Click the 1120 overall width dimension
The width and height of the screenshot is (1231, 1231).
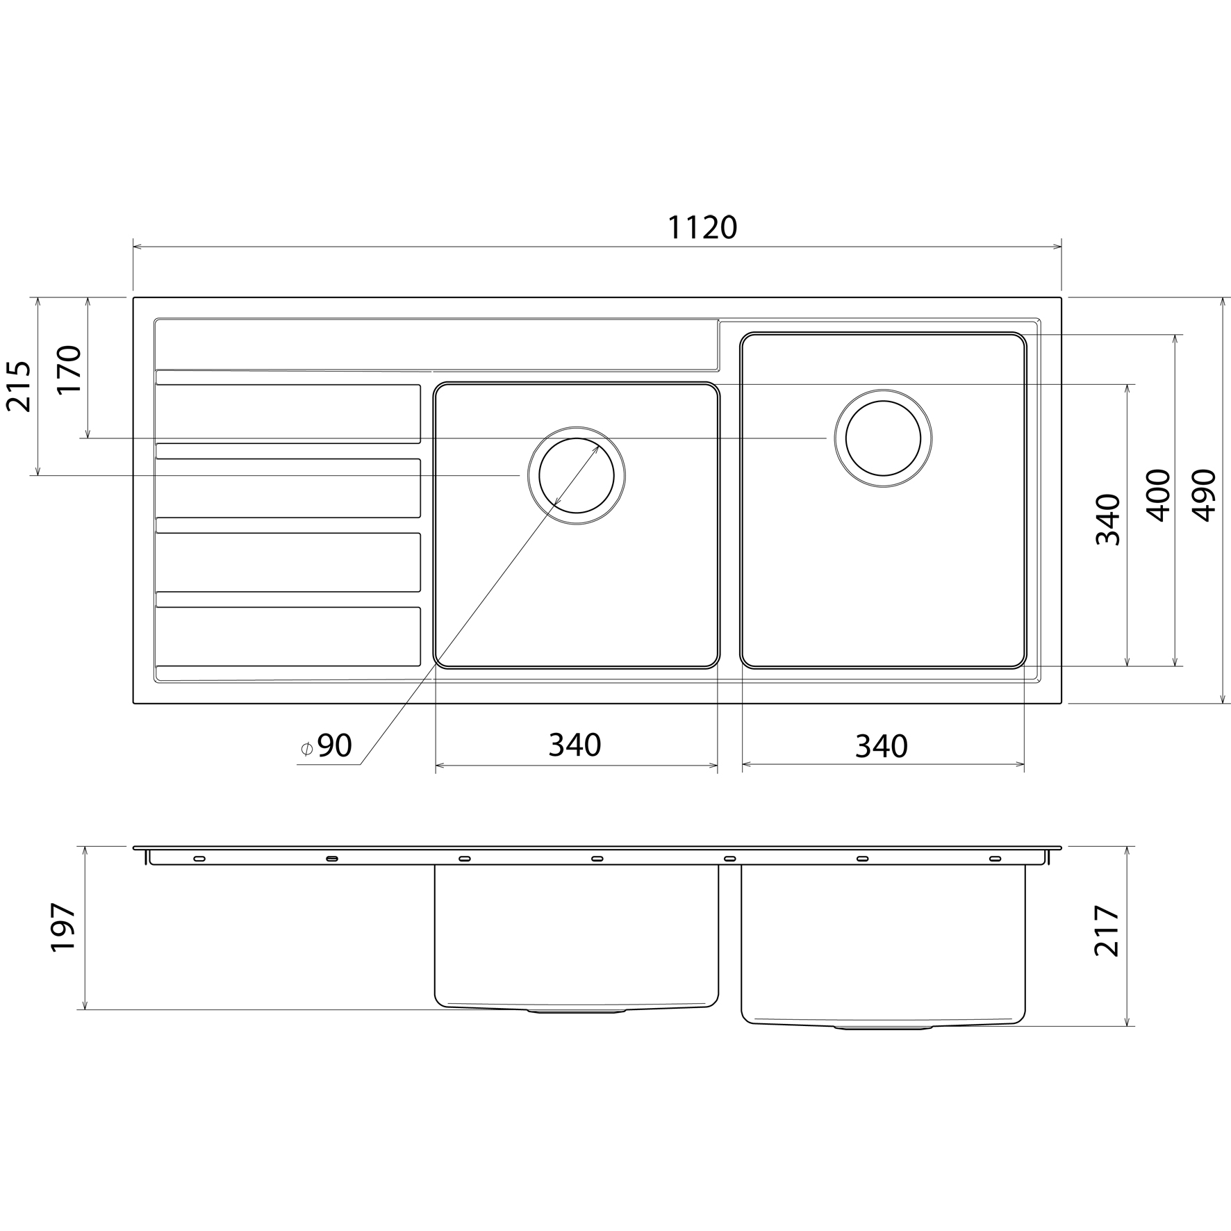point(702,228)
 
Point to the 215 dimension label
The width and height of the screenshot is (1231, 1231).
point(19,386)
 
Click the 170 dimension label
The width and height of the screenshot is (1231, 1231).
point(69,370)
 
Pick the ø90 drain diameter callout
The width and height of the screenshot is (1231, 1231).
point(326,745)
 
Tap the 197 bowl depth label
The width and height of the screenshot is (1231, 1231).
point(63,927)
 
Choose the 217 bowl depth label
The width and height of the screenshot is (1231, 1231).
point(1107,931)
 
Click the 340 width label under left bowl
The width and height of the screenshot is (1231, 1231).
point(575,745)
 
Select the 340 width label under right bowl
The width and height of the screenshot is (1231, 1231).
point(882,747)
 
